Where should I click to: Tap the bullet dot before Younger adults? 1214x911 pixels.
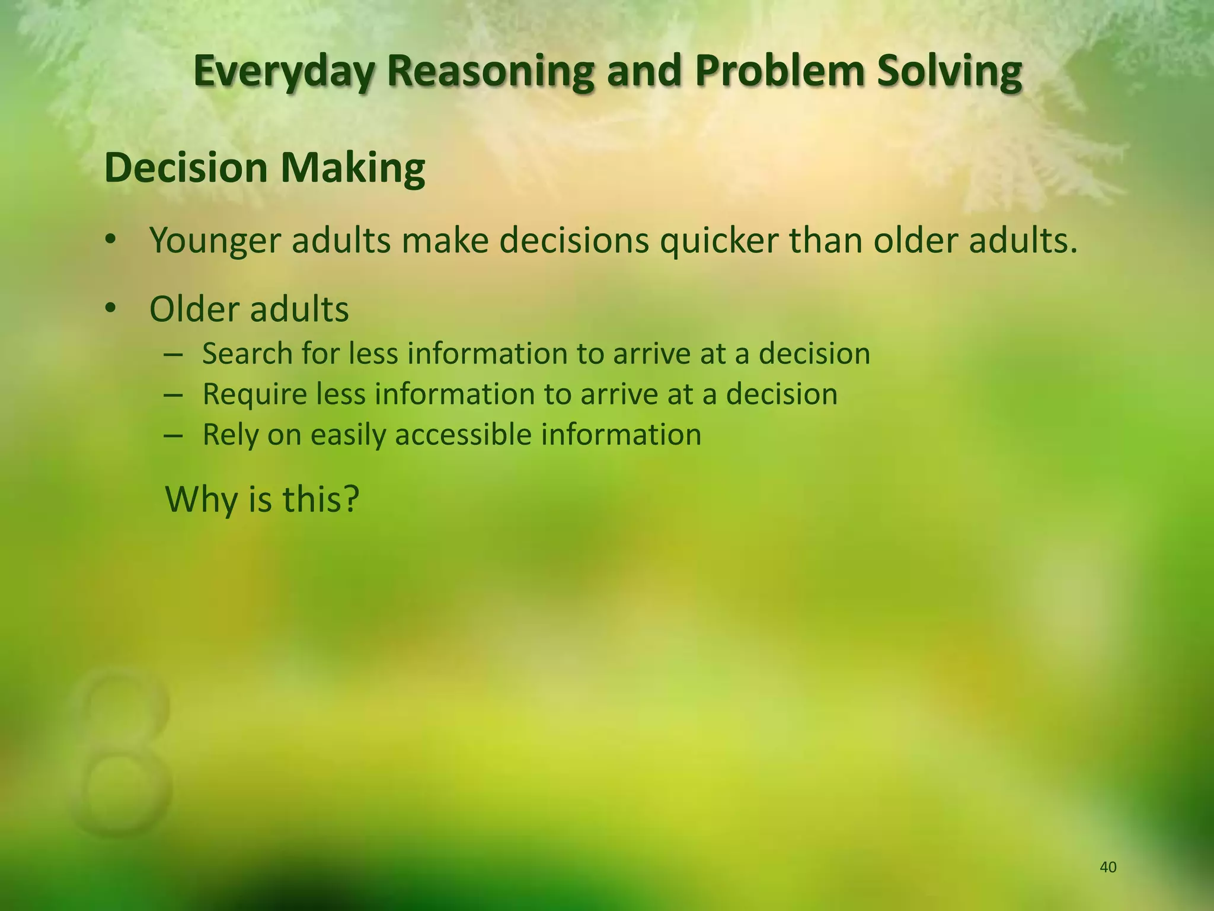110,240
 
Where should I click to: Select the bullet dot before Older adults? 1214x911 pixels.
110,308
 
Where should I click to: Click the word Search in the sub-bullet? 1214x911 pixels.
247,353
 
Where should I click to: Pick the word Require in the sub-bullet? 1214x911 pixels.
254,394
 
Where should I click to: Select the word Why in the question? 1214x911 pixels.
200,499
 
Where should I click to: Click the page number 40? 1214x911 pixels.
1108,868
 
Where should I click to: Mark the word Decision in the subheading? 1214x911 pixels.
186,168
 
